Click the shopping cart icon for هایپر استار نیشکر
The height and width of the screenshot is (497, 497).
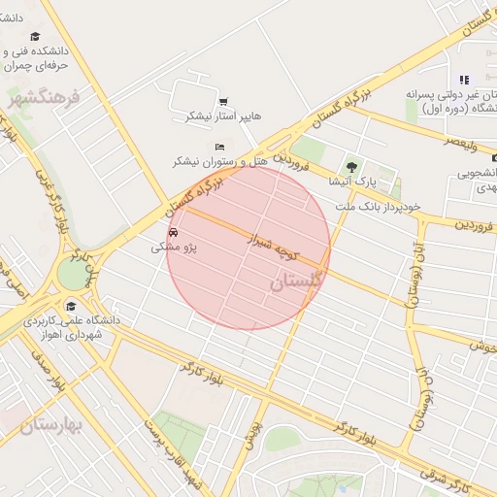pos(223,101)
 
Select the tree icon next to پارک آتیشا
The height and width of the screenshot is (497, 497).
pos(351,167)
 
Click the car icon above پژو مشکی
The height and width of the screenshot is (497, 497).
pos(173,233)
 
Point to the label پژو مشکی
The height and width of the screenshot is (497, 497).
pos(174,248)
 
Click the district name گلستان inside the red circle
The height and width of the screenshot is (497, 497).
pos(294,282)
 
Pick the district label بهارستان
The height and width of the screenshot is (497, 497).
pos(50,424)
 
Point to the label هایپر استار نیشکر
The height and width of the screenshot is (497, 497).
pos(224,116)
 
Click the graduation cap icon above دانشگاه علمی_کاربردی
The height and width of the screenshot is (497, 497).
pos(70,306)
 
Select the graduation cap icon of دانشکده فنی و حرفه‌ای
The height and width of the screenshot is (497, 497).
pos(35,37)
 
